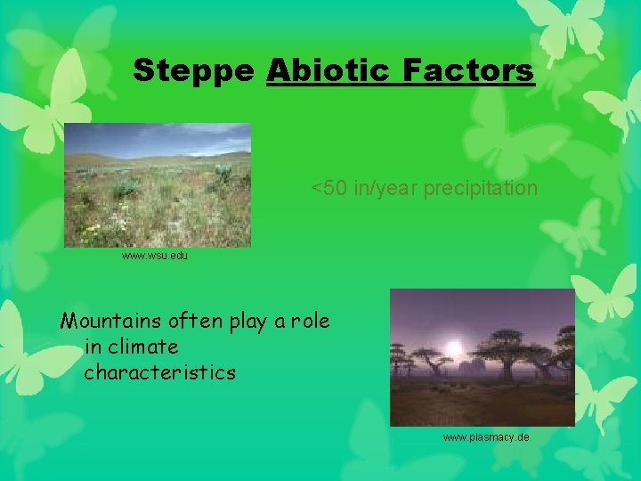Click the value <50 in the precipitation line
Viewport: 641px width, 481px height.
coord(329,189)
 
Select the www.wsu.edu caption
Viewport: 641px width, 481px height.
coord(155,256)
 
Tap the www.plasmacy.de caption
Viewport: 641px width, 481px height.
coord(486,437)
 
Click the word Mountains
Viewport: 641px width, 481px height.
coord(110,321)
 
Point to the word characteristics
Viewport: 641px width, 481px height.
coord(160,372)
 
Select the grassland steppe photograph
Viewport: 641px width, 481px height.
coord(158,184)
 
